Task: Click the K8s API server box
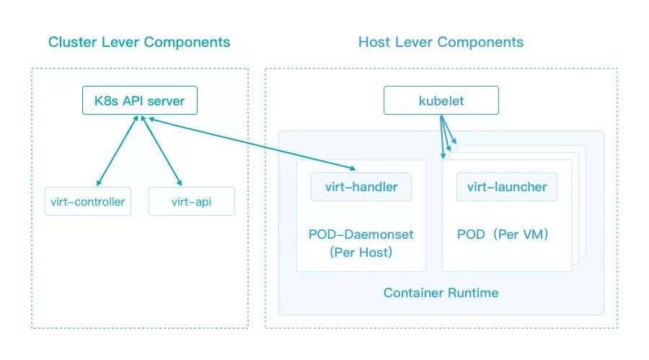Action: [140, 100]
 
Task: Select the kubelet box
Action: [441, 100]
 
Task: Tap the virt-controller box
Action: [88, 201]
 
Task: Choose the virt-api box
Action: [192, 201]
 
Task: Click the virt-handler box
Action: [361, 187]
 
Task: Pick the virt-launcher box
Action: [507, 187]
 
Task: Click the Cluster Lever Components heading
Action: [139, 42]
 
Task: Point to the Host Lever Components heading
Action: [441, 42]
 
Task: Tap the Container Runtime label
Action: [441, 293]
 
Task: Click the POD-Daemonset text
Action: [361, 234]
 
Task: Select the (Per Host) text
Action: [361, 253]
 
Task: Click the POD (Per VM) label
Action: [503, 234]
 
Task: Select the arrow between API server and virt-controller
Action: [117, 151]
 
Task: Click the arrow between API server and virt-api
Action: [162, 151]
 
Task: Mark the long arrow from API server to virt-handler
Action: [252, 144]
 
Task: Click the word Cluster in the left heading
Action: [73, 42]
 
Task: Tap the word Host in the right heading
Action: [374, 42]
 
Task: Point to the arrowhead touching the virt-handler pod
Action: [353, 169]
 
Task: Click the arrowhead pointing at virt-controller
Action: [99, 183]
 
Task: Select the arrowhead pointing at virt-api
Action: [180, 183]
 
